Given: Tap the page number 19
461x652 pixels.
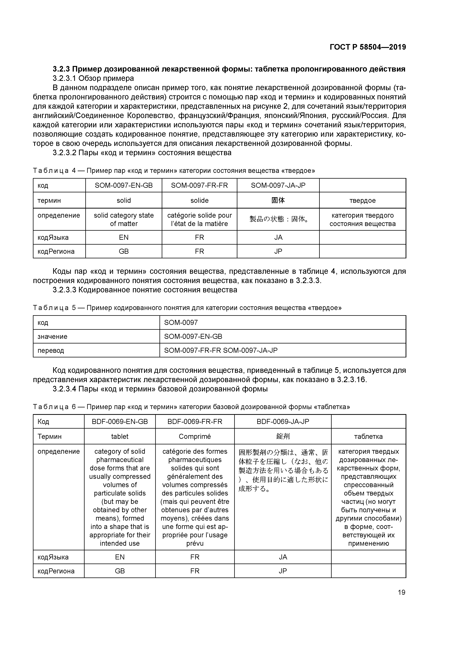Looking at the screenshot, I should click(401, 592).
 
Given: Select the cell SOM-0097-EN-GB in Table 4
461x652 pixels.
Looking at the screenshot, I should click(124, 185).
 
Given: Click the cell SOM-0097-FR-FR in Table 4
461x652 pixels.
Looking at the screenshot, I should click(199, 185).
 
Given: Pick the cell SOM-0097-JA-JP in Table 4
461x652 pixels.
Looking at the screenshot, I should click(278, 185).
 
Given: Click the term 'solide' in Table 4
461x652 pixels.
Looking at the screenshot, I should click(199, 201).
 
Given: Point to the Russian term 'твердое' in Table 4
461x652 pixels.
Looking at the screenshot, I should click(362, 201).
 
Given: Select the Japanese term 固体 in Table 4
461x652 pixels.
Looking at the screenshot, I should click(278, 201).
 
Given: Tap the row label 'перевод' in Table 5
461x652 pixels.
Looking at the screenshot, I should click(51, 350).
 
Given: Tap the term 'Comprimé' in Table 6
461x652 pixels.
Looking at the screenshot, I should click(195, 436).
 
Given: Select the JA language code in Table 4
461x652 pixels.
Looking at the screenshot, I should click(278, 237).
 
